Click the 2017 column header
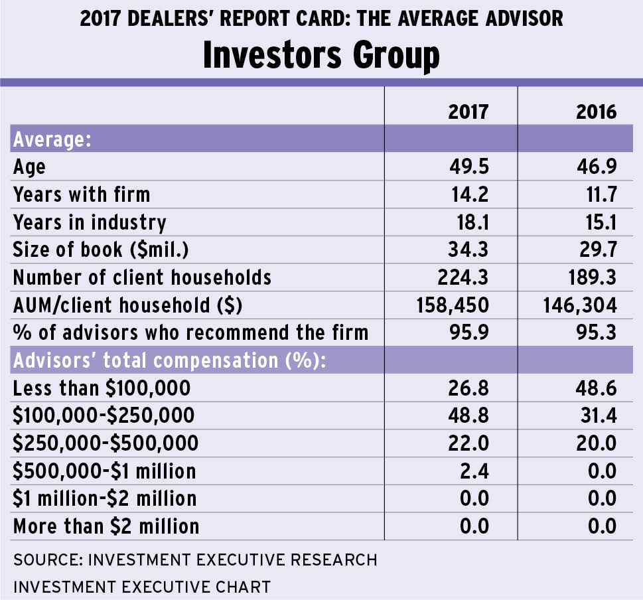click(x=468, y=111)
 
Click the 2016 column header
click(x=597, y=111)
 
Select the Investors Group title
click(x=321, y=56)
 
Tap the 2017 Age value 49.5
click(x=468, y=167)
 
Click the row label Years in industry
click(x=90, y=222)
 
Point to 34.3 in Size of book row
click(x=468, y=250)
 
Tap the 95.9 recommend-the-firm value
click(x=468, y=332)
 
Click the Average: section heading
click(x=52, y=140)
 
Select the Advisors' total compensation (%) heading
click(x=172, y=360)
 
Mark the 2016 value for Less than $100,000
click(x=597, y=388)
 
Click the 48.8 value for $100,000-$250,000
click(x=468, y=415)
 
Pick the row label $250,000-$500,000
click(x=106, y=443)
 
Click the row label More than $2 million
click(x=106, y=526)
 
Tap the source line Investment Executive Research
click(x=195, y=560)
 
